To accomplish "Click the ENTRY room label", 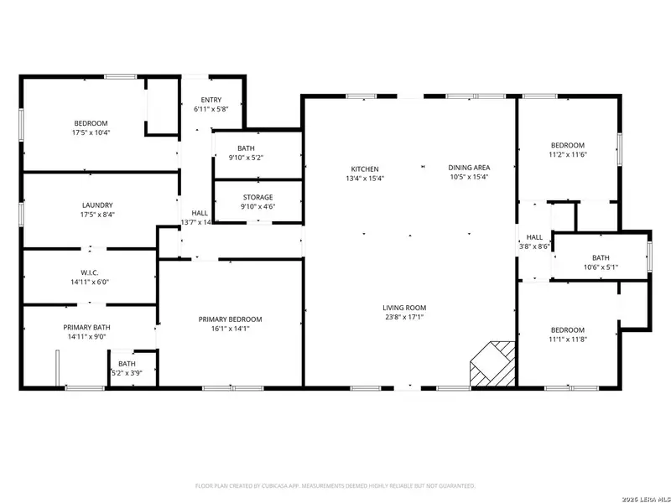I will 211,100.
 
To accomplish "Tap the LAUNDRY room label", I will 97,205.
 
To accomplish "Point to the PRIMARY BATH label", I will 86,328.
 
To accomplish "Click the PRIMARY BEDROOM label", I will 230,319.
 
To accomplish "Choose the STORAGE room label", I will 257,197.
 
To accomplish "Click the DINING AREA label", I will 468,167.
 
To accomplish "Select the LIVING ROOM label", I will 404,308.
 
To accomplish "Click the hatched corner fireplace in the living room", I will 492,362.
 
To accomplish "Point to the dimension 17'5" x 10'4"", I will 91,132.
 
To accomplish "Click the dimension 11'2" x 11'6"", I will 567,154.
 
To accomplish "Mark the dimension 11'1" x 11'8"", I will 567,340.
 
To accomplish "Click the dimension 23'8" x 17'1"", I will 404,318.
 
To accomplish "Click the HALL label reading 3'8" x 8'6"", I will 534,246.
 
